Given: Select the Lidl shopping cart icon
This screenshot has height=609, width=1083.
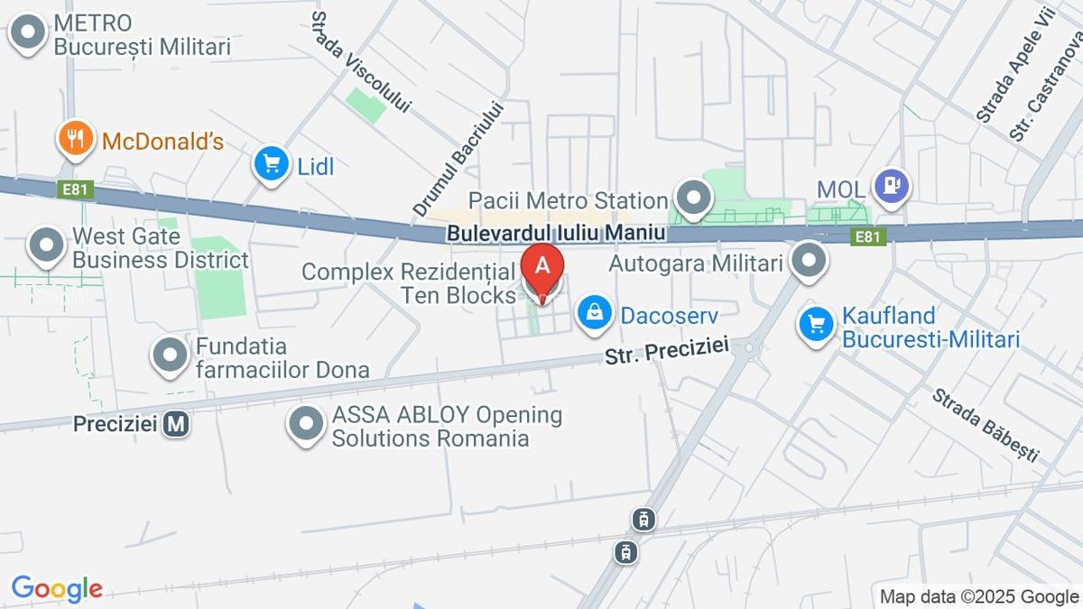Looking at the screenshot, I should (x=271, y=164).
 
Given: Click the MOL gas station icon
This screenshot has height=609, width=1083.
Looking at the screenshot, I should (x=892, y=187).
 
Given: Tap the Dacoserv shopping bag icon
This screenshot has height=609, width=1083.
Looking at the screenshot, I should (x=595, y=312).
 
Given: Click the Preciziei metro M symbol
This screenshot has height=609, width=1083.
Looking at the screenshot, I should (x=177, y=423).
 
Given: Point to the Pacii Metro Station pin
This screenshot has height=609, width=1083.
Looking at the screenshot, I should (x=693, y=198).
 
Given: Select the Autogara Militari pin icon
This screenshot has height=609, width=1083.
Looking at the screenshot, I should (x=809, y=262).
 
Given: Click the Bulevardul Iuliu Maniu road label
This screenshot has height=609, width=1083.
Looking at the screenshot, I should (x=556, y=233).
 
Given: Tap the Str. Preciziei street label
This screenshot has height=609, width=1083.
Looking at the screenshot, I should (x=666, y=353).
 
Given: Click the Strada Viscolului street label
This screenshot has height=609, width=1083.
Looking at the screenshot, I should (x=360, y=62).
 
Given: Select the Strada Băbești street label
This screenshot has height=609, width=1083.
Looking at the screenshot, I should (x=986, y=425).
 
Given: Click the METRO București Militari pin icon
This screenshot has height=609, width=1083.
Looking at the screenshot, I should (x=28, y=33).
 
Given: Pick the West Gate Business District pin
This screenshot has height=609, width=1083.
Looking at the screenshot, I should (x=46, y=245).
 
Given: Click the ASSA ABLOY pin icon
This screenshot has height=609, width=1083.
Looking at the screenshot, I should (x=306, y=423).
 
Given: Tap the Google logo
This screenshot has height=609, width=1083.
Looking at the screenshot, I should (x=57, y=588).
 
